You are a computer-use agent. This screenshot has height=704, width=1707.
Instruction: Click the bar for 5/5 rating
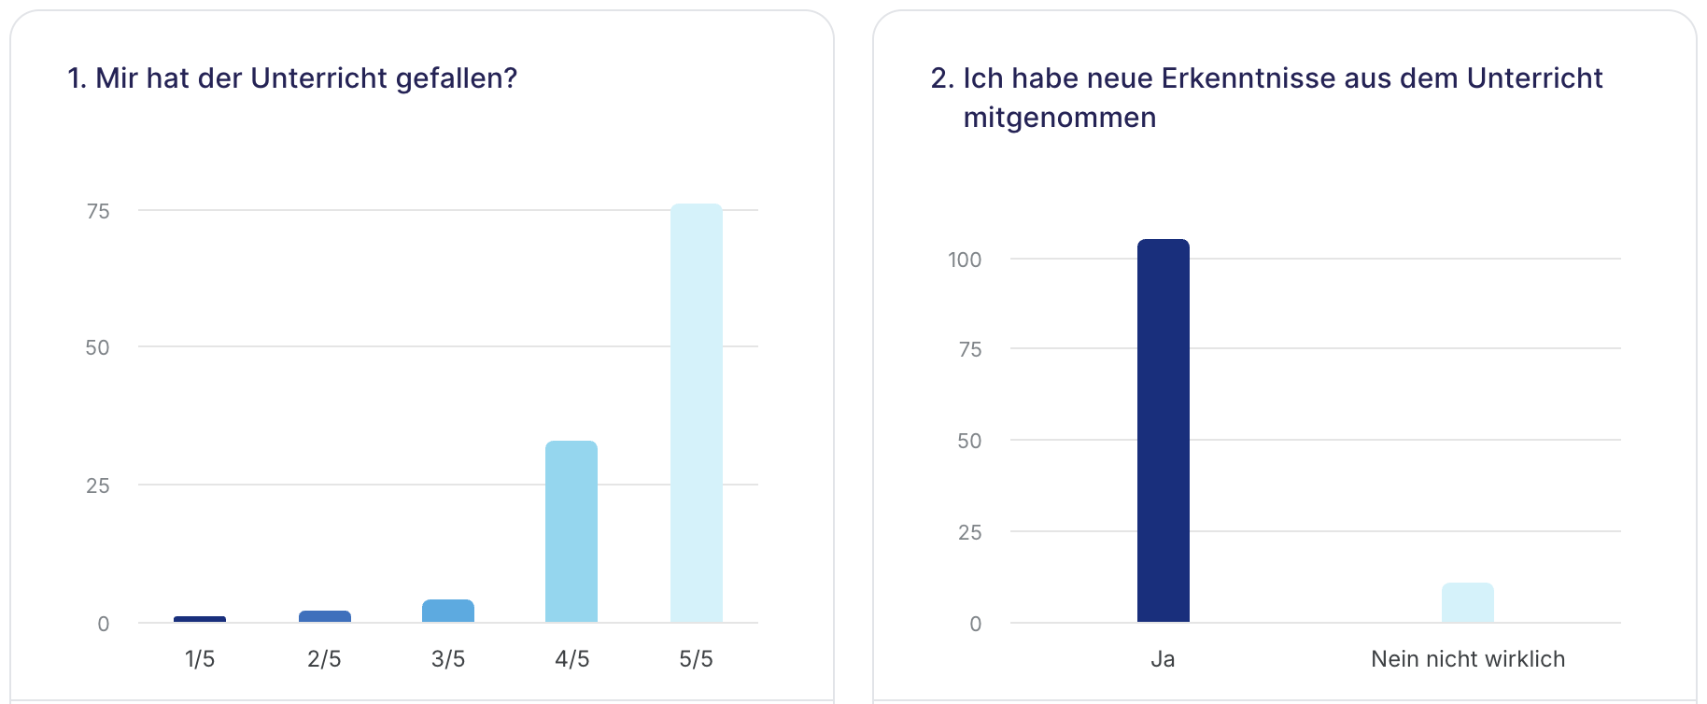click(696, 413)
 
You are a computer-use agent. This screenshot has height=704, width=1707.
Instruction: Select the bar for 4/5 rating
click(571, 531)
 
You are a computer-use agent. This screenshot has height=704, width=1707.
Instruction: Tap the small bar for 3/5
click(448, 611)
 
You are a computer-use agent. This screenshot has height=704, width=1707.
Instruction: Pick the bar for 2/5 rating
click(324, 616)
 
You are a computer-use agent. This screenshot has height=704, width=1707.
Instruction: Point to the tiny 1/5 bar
click(200, 619)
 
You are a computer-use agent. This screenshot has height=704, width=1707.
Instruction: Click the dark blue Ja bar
click(1163, 430)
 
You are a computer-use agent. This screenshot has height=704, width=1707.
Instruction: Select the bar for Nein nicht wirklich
click(1467, 602)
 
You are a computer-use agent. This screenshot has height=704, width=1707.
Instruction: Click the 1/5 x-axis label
click(200, 659)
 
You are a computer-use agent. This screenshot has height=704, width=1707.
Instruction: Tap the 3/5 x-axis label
click(448, 659)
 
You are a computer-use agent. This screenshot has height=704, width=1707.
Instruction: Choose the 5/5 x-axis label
click(696, 659)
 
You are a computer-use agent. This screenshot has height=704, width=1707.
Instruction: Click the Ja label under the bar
click(1163, 659)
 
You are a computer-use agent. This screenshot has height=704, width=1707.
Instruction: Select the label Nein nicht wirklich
click(1467, 659)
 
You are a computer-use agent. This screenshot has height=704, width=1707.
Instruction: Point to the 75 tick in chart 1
click(98, 212)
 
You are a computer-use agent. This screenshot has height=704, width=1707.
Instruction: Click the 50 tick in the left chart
click(97, 348)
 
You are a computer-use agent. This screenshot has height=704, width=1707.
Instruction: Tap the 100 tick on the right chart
click(965, 260)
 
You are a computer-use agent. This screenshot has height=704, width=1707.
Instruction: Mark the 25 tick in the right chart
click(969, 533)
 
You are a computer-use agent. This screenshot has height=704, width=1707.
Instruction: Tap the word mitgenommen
click(1059, 118)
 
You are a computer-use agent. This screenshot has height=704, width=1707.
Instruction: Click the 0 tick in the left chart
click(104, 624)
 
